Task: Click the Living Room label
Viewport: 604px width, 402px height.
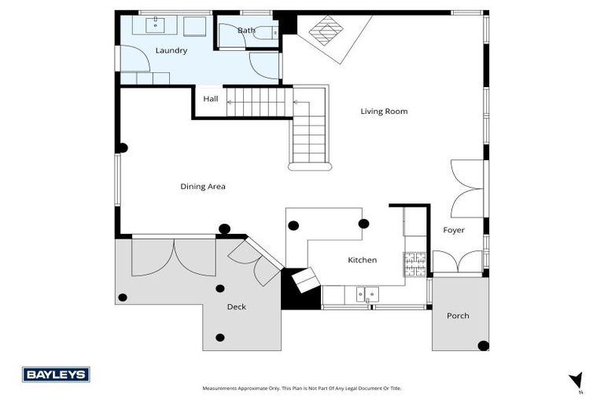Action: pos(384,111)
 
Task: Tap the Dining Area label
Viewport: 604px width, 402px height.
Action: pos(203,186)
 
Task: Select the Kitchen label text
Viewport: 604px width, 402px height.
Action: pos(362,260)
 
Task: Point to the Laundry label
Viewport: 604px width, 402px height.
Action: pos(171,50)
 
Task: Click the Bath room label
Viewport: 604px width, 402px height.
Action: pos(246,31)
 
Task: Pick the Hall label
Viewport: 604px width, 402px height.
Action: pos(211,99)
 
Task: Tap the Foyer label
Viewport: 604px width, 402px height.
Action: pos(453,230)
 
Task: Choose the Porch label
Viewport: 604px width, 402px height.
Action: pos(458,316)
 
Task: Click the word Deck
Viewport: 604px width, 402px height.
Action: pos(236,307)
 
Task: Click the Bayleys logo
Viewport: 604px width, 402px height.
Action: pos(56,375)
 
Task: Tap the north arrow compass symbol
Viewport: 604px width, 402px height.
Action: pos(576,380)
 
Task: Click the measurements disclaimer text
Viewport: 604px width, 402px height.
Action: pos(301,388)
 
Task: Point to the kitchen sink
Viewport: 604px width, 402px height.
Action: pos(367,295)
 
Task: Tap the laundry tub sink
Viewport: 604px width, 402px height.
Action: pos(155,24)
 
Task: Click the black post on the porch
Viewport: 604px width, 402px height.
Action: pos(483,345)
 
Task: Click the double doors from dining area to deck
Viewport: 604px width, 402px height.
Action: pos(173,256)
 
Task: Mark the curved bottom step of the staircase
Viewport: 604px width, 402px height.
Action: pos(310,166)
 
